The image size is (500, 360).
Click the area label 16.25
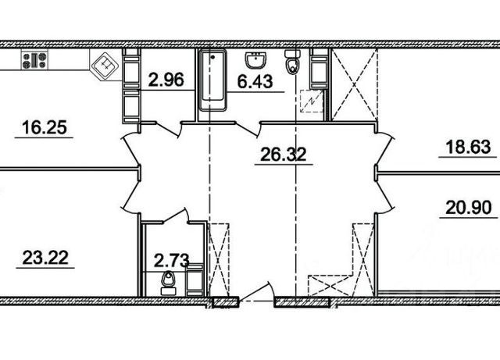pyautogui.click(x=45, y=127)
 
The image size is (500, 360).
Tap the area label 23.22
pyautogui.click(x=45, y=258)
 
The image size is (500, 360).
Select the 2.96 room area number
pyautogui.click(x=166, y=80)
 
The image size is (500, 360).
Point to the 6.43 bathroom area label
pyautogui.click(x=255, y=82)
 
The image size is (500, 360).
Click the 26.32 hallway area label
pyautogui.click(x=284, y=154)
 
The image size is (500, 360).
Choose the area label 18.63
pyautogui.click(x=468, y=148)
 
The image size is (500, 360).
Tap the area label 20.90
pyautogui.click(x=469, y=209)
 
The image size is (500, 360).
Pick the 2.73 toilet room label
pyautogui.click(x=172, y=260)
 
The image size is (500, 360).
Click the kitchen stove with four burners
pyautogui.click(x=34, y=60)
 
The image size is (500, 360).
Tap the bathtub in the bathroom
pyautogui.click(x=212, y=80)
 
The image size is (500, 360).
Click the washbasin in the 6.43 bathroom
pyautogui.click(x=255, y=60)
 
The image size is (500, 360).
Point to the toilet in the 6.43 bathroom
pyautogui.click(x=291, y=62)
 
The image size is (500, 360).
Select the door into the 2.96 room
pyautogui.click(x=168, y=130)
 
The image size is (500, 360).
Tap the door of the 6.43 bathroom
pyautogui.click(x=248, y=130)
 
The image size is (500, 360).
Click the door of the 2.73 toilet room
pyautogui.click(x=175, y=216)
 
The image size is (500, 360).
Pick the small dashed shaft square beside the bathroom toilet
pyautogui.click(x=312, y=101)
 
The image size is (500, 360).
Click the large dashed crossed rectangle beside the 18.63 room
pyautogui.click(x=355, y=85)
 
